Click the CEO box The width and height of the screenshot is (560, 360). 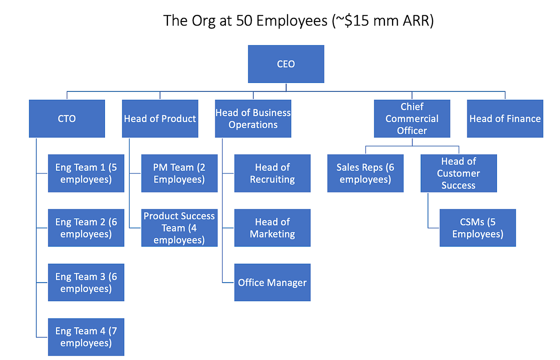[x=286, y=64]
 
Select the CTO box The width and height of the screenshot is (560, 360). [x=67, y=118]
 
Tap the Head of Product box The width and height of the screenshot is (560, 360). [x=160, y=118]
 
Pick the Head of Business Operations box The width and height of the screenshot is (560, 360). [x=253, y=118]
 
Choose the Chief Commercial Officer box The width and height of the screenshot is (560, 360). [x=412, y=118]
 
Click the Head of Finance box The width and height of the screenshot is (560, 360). [x=505, y=118]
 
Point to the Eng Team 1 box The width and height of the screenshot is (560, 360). [x=86, y=173]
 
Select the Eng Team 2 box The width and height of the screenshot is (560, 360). [x=86, y=228]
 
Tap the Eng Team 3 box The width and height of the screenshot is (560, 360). [x=86, y=282]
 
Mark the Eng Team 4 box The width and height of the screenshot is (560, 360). [x=86, y=337]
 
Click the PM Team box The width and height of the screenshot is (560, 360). [x=179, y=173]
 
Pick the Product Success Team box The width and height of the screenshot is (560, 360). [x=179, y=228]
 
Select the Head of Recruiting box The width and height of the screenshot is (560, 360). [x=272, y=173]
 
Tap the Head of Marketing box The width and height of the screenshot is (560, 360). [x=272, y=228]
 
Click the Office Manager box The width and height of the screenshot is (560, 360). [x=272, y=282]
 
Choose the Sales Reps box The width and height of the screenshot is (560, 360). [x=365, y=173]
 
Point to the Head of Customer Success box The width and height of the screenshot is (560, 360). [x=459, y=173]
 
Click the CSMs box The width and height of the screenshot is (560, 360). [x=477, y=228]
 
